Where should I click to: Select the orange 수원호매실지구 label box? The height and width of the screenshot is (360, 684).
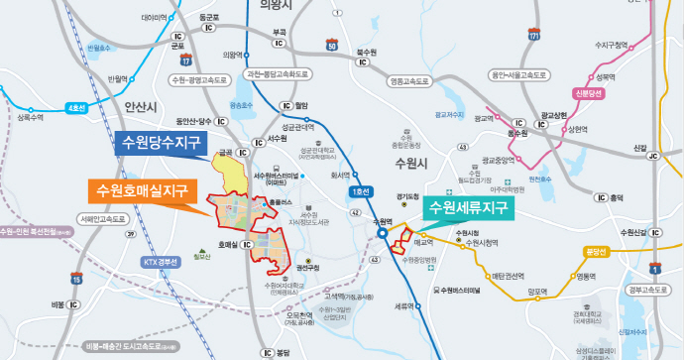[x=142, y=188]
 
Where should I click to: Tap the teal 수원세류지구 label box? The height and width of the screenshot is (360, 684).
[x=466, y=208]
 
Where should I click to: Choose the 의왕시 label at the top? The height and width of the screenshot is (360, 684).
[x=279, y=6]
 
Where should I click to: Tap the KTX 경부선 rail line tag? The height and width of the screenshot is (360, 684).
[x=160, y=263]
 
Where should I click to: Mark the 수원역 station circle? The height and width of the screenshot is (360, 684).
[x=382, y=234]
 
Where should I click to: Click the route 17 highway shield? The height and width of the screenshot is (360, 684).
[x=185, y=61]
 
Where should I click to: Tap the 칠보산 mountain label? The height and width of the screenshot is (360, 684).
[x=203, y=258]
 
